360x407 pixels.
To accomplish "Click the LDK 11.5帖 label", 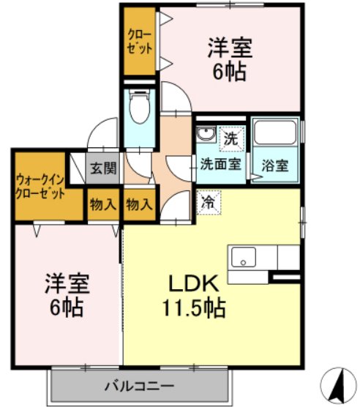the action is [x=193, y=296].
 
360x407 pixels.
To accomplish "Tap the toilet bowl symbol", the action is [x=140, y=107].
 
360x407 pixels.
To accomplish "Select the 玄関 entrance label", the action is [x=103, y=168].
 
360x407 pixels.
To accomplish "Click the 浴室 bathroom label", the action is [x=275, y=165].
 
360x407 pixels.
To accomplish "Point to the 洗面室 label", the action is [x=221, y=164].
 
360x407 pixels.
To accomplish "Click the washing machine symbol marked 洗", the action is [x=232, y=138].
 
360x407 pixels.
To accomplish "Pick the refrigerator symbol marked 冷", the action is [x=209, y=203].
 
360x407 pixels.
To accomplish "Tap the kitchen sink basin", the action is [x=244, y=257].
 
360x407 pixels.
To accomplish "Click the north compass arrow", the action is [x=338, y=384].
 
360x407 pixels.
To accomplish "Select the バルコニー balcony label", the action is [x=139, y=386].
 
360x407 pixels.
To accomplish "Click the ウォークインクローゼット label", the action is [x=40, y=187].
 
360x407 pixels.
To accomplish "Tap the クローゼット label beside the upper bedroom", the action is [x=140, y=42].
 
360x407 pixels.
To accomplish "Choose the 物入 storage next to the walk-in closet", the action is [x=103, y=205].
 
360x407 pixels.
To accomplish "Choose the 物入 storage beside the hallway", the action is [x=139, y=205].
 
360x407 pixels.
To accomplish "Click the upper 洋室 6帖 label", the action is [x=230, y=59].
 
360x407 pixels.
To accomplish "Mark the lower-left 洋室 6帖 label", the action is [x=67, y=295].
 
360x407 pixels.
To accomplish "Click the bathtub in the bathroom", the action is [x=275, y=132].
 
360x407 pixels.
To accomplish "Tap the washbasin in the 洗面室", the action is [x=206, y=134].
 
